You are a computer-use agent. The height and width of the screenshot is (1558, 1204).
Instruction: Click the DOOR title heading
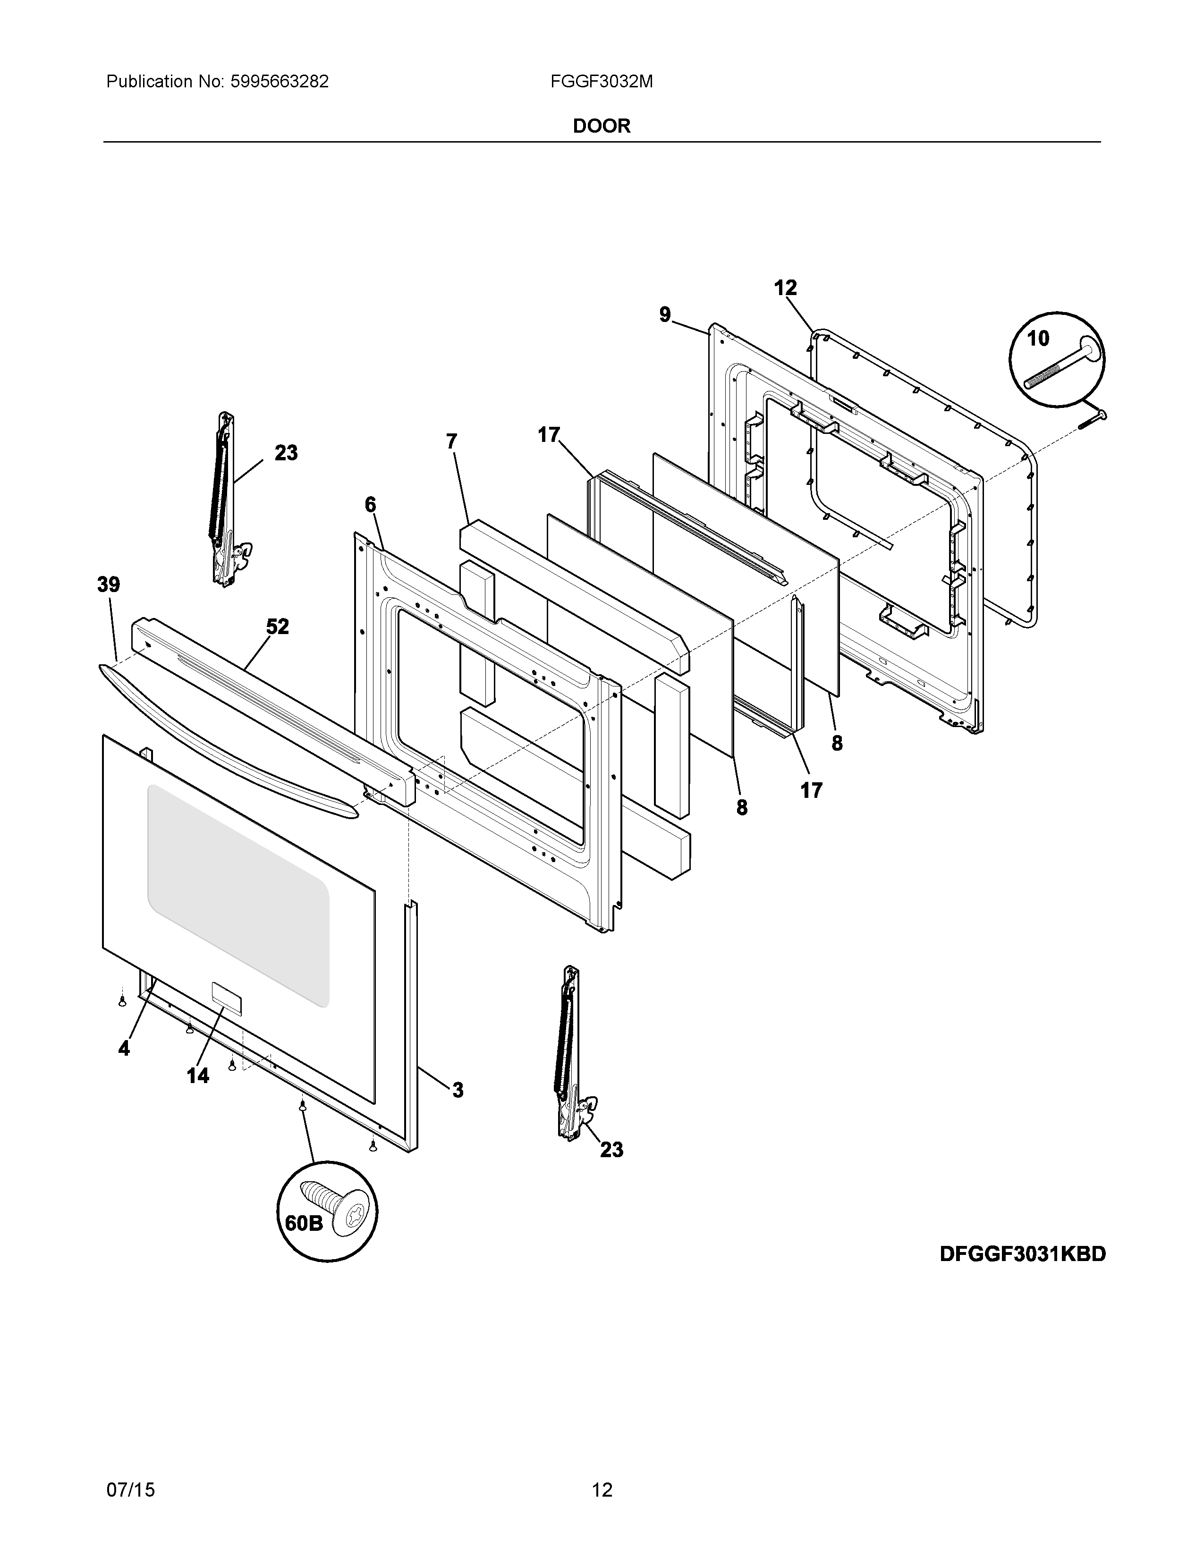point(601,126)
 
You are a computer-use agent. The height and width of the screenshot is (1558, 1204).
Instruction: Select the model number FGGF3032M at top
point(601,82)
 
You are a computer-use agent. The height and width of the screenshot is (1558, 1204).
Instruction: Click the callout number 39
point(109,585)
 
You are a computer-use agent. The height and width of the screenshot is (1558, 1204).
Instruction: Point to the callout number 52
point(278,627)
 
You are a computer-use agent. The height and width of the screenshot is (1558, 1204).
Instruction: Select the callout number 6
point(370,505)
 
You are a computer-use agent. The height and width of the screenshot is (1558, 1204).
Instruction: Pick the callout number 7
point(451,441)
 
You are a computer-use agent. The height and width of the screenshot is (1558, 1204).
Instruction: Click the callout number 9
point(665,314)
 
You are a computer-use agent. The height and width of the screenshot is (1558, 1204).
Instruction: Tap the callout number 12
point(785,288)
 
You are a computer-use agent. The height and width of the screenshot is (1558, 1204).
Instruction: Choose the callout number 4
point(125,1049)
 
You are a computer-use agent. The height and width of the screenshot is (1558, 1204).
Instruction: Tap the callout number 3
point(457,1090)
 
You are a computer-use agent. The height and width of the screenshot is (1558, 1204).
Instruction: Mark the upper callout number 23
point(286,453)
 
